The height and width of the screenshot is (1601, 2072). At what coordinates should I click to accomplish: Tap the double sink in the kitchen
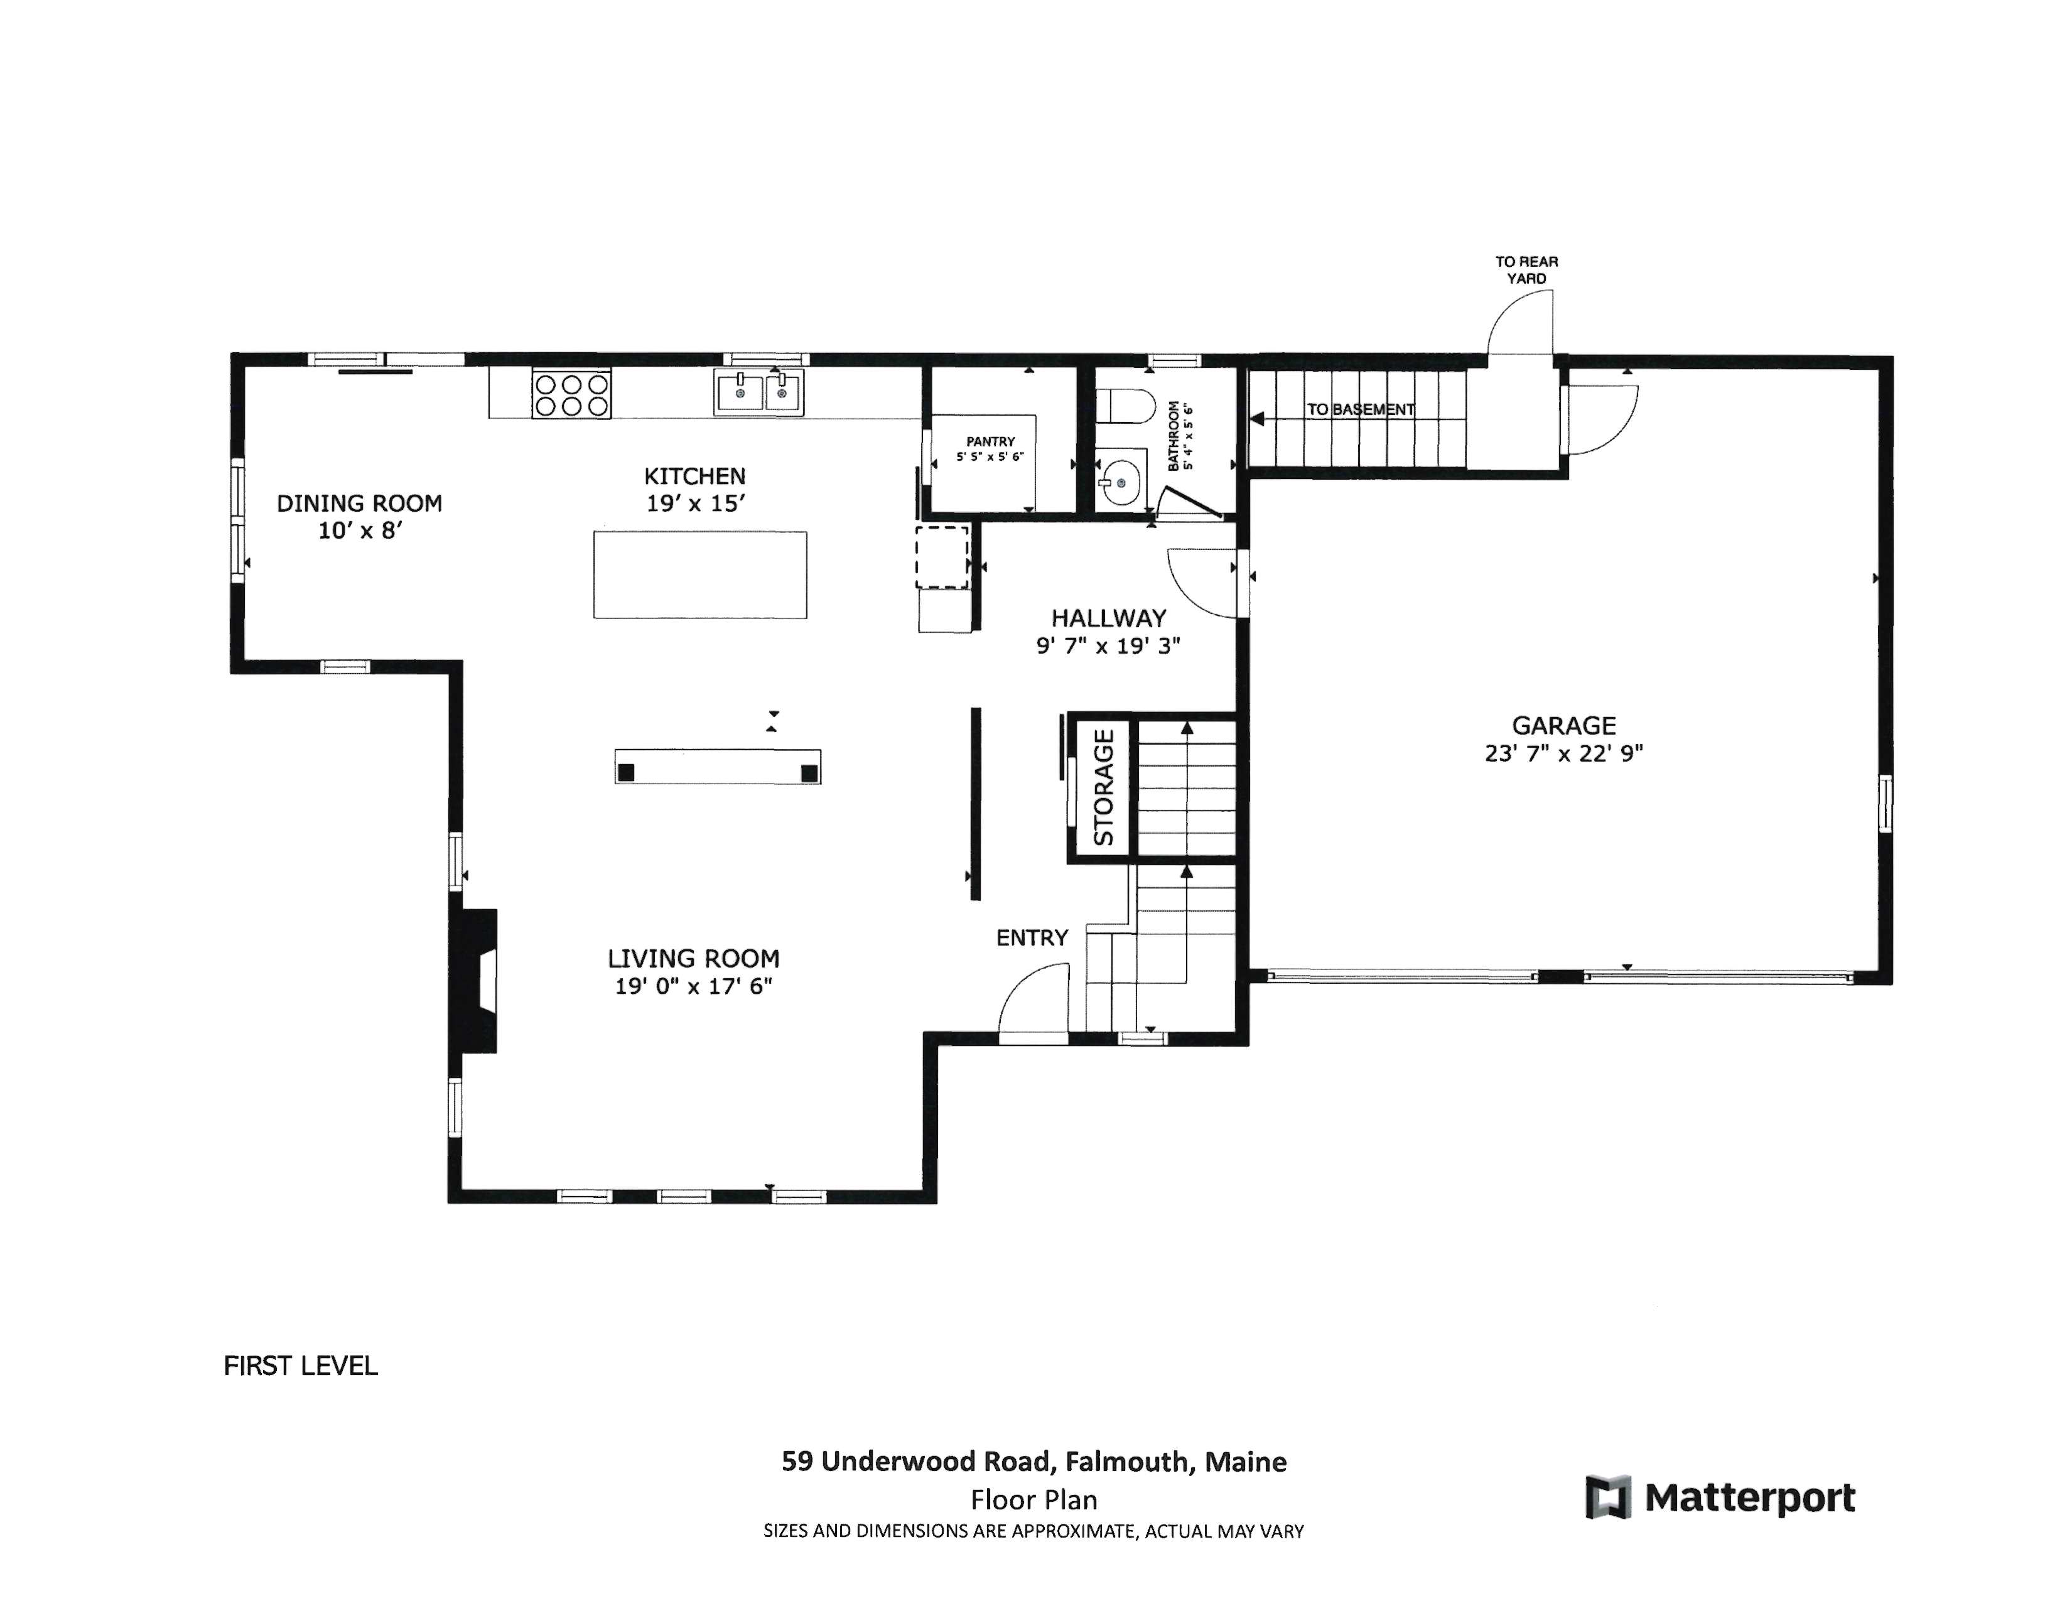(x=759, y=392)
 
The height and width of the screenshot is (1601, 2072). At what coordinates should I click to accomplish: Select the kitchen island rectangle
(x=700, y=574)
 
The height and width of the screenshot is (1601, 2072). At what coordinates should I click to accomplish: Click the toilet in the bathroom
(x=1125, y=406)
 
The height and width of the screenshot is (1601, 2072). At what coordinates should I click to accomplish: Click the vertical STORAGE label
(x=1103, y=787)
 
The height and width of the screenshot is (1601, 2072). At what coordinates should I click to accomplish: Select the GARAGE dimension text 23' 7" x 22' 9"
(x=1563, y=753)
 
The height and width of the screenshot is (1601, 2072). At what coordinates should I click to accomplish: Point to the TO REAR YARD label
(x=1526, y=269)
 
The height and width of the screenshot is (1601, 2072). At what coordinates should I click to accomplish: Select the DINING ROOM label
(x=360, y=504)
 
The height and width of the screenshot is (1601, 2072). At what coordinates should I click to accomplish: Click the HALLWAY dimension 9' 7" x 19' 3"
(x=1108, y=646)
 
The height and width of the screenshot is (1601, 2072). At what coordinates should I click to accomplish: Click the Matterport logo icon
(x=1608, y=1497)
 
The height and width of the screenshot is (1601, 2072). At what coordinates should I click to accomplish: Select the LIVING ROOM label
(x=694, y=958)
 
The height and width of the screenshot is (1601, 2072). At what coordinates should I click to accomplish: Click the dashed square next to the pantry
(x=942, y=558)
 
